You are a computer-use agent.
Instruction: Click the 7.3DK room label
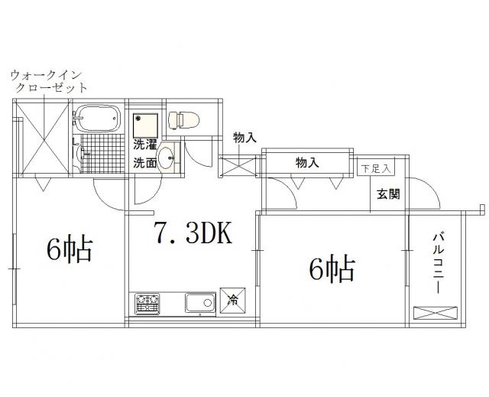coord(193,233)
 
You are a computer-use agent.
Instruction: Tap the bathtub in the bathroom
coord(98,119)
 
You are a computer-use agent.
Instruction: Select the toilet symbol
coord(183,120)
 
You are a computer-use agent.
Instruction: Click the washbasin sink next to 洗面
coord(168,158)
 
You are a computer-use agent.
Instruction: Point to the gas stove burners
coord(147,304)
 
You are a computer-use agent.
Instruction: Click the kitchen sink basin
coord(200,303)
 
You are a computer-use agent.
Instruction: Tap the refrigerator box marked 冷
coord(232,301)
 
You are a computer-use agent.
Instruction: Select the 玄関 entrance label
coord(388,194)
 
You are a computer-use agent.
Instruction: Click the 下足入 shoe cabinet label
coord(376,169)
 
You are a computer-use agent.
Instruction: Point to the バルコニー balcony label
coord(438,263)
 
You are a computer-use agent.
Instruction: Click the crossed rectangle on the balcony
coord(436,314)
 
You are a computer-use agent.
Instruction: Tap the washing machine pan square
coord(145,125)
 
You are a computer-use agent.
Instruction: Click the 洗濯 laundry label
coord(145,145)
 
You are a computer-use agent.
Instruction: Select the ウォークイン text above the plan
coord(46,75)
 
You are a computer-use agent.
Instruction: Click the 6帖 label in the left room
coord(70,250)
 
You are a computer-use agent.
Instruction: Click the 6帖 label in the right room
coord(332,268)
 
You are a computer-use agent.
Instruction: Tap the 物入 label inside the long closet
coord(307,163)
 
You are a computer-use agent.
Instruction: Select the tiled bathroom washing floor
coord(103,154)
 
